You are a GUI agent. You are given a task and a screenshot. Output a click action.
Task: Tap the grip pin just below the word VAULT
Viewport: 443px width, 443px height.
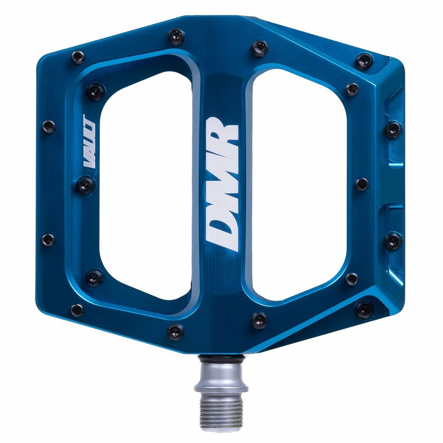pos(86,184)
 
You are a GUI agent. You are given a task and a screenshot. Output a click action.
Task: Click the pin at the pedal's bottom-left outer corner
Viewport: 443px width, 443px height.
pos(77,309)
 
